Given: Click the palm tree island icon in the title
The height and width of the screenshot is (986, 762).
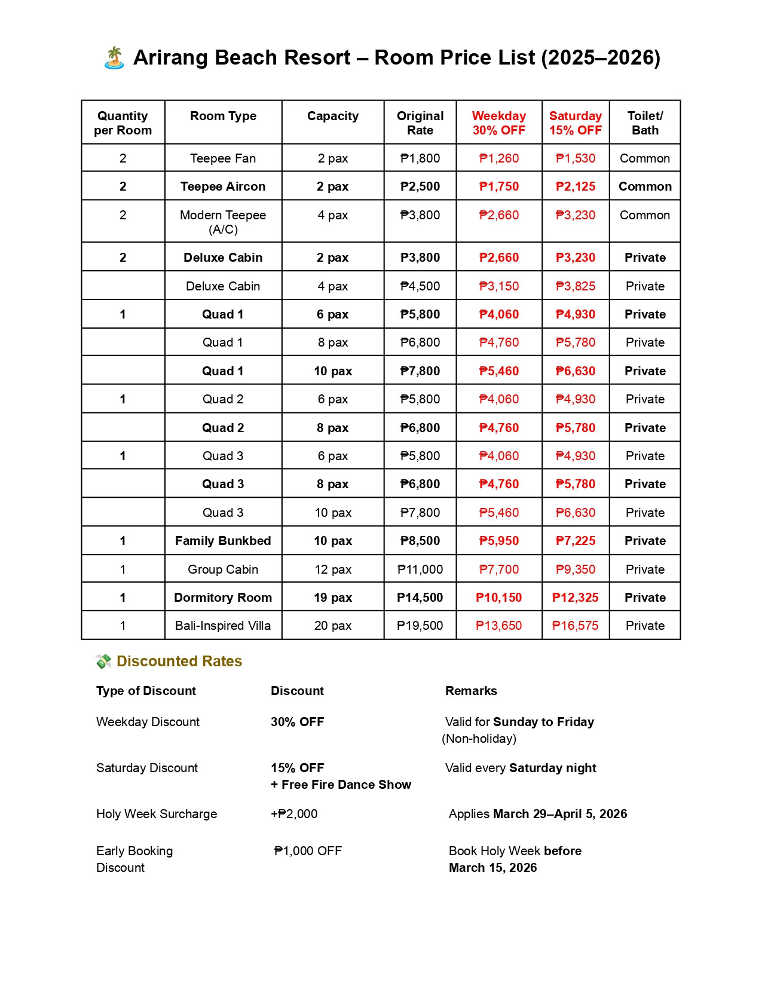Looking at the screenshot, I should (114, 58).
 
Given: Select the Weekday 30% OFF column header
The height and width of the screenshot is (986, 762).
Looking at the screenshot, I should (498, 123).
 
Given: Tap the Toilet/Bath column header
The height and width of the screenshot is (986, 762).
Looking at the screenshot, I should (645, 123).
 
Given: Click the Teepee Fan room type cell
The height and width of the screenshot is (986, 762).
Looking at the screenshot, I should (223, 158).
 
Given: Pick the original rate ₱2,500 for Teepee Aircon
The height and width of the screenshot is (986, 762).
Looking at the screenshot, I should (420, 186).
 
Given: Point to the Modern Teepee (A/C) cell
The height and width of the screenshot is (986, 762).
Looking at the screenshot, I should (223, 222).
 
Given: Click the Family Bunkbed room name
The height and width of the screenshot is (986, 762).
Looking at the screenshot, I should (223, 541).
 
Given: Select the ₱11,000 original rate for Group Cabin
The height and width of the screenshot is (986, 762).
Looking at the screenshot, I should (420, 569).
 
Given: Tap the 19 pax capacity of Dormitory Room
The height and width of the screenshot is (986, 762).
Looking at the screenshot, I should (333, 598).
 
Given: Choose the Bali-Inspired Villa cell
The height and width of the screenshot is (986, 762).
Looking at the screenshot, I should (223, 626).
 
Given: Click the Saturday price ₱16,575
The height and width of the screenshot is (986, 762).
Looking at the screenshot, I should (576, 626).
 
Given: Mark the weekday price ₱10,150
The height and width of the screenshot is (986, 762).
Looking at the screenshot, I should (498, 598).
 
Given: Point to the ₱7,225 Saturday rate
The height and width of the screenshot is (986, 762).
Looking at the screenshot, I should (576, 541).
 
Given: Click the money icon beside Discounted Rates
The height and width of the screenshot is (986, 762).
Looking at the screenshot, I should (103, 662).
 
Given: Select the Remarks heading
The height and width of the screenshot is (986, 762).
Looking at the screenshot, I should (471, 691).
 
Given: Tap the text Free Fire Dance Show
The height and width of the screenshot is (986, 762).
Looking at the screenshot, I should (346, 785).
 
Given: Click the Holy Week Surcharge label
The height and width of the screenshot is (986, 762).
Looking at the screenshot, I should (157, 814).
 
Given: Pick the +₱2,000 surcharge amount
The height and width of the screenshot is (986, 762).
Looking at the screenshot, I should (294, 814).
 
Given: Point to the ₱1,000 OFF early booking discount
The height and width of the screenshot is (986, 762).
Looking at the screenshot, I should (308, 851).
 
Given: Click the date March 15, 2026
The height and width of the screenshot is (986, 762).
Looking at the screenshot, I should (492, 868).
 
